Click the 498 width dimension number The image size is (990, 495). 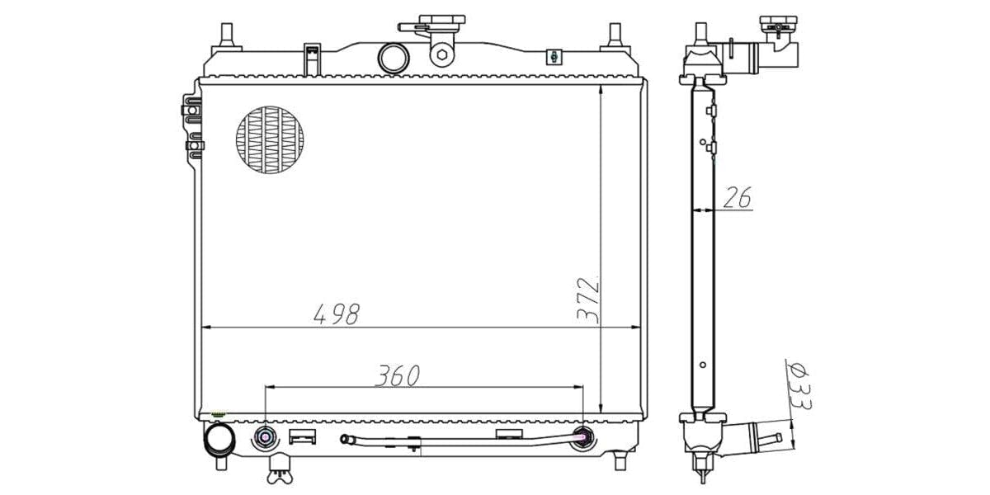pos(337,313)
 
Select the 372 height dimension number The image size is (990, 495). pos(589,300)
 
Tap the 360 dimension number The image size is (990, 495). pos(398,375)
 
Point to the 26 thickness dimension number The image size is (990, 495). pos(738,197)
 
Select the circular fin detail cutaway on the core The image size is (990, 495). pos(270,139)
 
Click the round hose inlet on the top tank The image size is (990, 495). pos(394,59)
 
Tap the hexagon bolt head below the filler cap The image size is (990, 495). pos(442,54)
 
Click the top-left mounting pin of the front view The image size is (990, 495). pos(227,36)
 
